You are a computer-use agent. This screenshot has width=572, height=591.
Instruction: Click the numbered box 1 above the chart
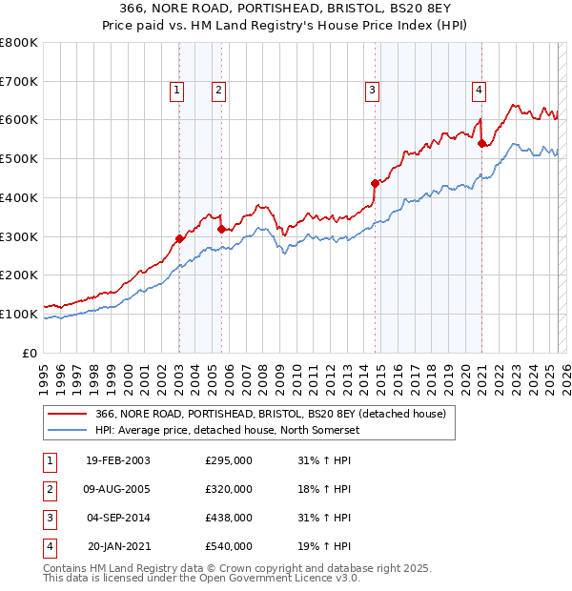click(177, 91)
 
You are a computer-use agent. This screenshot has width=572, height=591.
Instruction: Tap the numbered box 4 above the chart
click(479, 91)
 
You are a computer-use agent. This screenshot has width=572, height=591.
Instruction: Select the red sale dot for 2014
click(375, 183)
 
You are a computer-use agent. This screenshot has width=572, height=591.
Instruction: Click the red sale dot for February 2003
click(179, 238)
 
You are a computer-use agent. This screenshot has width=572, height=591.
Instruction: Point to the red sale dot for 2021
click(481, 144)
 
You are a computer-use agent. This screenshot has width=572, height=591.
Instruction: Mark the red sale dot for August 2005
click(221, 229)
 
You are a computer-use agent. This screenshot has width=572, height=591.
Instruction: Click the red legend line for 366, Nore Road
click(67, 413)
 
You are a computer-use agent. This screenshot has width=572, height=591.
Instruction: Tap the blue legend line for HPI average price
click(67, 430)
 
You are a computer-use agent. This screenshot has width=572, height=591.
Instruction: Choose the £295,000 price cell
click(229, 460)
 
